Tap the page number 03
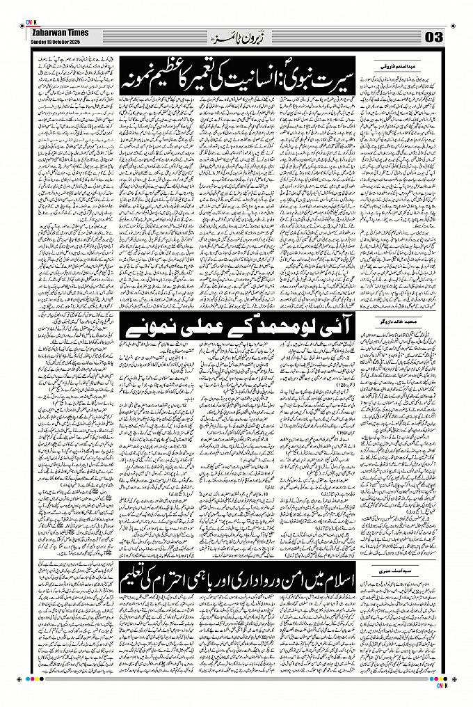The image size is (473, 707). pyautogui.click(x=433, y=36)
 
